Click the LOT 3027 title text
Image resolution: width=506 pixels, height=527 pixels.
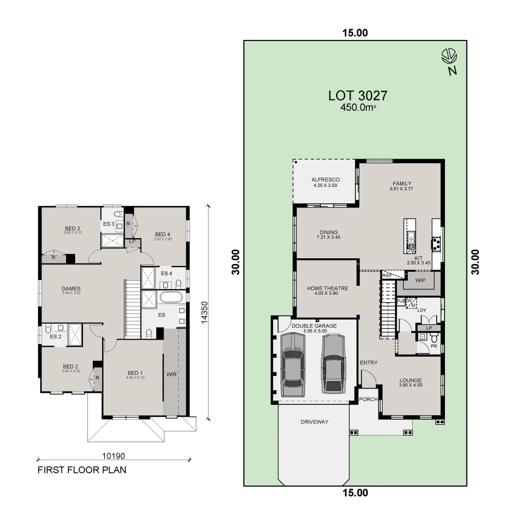pyautogui.click(x=358, y=95)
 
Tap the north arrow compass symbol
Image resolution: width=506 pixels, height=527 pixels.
pyautogui.click(x=449, y=57)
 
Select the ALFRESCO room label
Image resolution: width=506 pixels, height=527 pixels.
pyautogui.click(x=325, y=180)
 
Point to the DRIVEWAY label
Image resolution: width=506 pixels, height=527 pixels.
pyautogui.click(x=315, y=422)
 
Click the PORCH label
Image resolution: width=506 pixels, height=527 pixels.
pyautogui.click(x=368, y=399)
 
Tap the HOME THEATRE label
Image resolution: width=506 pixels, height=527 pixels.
pyautogui.click(x=327, y=288)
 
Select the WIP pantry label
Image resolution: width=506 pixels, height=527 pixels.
pyautogui.click(x=421, y=281)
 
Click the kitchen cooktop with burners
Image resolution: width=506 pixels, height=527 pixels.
pyautogui.click(x=435, y=243)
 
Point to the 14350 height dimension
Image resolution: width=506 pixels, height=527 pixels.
pyautogui.click(x=206, y=311)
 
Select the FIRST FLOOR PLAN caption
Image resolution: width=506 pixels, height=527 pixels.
pyautogui.click(x=82, y=470)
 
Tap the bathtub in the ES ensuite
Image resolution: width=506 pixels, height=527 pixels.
pyautogui.click(x=171, y=297)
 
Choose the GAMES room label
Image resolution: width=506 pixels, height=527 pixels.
pyautogui.click(x=71, y=288)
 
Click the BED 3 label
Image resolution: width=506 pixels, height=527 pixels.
pyautogui.click(x=72, y=228)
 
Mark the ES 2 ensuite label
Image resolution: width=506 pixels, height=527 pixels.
pyautogui.click(x=56, y=336)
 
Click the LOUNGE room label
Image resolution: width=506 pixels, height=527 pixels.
pyautogui.click(x=410, y=381)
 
